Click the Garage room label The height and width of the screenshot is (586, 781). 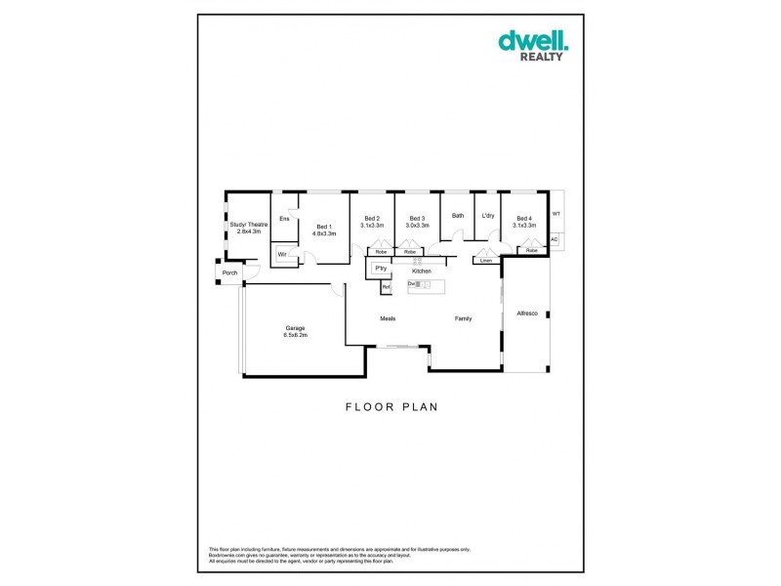pos(296,327)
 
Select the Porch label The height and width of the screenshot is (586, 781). pos(229,272)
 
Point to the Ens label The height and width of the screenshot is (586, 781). pos(284,219)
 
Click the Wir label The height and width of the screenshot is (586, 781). pos(282,254)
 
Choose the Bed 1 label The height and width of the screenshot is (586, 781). pos(323,227)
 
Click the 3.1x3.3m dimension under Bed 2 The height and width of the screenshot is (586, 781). pos(372,226)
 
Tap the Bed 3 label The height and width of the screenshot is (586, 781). pos(417,219)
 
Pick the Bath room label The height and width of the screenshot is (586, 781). pos(457,216)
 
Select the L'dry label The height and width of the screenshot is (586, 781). pos(487,216)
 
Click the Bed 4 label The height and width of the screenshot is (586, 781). pos(524,219)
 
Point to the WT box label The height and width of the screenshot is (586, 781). pos(556,213)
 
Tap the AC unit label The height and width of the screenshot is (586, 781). pos(554,239)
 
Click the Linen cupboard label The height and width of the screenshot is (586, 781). pos(485,261)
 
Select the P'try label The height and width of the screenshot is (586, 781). pos(380,268)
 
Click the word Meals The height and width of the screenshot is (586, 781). pos(388,318)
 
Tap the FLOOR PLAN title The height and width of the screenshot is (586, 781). pos(390,407)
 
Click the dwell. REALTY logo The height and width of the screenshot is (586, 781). pos(533,45)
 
